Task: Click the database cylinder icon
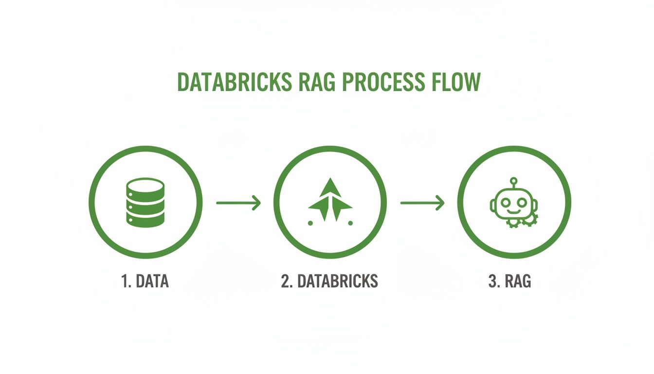pyautogui.click(x=145, y=202)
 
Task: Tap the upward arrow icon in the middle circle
pyautogui.click(x=330, y=197)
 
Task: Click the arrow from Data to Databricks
pyautogui.click(x=238, y=202)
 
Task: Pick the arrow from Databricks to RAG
pyautogui.click(x=422, y=202)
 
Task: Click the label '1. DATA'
pyautogui.click(x=145, y=281)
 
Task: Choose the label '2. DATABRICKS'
pyautogui.click(x=329, y=281)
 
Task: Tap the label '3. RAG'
pyautogui.click(x=509, y=281)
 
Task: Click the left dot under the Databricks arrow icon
pyautogui.click(x=310, y=223)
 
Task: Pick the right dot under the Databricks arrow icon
pyautogui.click(x=350, y=223)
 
